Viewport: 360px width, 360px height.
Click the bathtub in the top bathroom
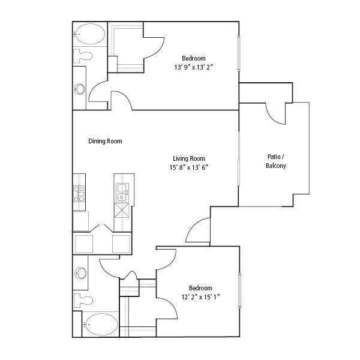tap(89, 35)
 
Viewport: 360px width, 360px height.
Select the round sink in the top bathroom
tap(80, 89)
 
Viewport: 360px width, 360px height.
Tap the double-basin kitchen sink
tap(122, 192)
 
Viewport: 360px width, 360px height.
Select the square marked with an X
tap(122, 211)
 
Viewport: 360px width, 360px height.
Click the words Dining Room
tap(105, 142)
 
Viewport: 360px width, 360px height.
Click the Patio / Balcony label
tap(275, 161)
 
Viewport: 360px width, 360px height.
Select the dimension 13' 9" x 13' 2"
tap(189, 68)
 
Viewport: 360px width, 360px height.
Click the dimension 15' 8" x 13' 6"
tap(188, 168)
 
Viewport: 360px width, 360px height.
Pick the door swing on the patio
tap(275, 113)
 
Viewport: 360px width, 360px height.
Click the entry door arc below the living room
tap(198, 231)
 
